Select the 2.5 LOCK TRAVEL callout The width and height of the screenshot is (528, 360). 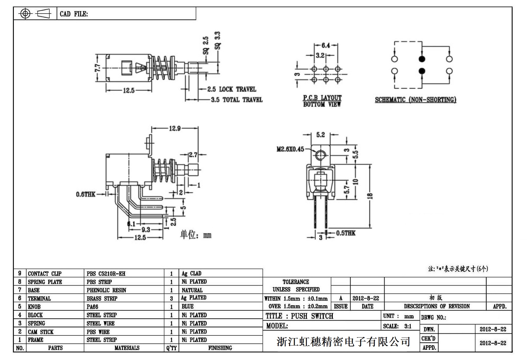232,89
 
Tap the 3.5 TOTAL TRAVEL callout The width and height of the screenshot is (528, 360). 237,100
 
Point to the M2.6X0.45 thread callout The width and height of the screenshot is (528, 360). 290,149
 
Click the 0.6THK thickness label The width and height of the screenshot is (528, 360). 86,194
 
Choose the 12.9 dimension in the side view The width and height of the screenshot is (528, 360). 175,129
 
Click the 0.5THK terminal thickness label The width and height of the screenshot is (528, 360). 346,233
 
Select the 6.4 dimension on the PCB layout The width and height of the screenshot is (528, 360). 326,46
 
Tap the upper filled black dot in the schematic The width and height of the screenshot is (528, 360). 422,59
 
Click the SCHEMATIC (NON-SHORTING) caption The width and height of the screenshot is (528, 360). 415,100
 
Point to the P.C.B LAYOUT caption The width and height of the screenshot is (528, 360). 322,98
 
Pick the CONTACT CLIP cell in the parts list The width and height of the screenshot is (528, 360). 45,274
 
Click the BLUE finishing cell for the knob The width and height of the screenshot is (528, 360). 188,307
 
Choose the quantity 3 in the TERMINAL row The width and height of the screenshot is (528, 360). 171,299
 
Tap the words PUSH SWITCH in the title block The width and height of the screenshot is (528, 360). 312,316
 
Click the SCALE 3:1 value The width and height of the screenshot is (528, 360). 408,326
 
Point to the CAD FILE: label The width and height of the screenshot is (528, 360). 74,14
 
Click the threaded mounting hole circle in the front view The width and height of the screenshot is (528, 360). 320,155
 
